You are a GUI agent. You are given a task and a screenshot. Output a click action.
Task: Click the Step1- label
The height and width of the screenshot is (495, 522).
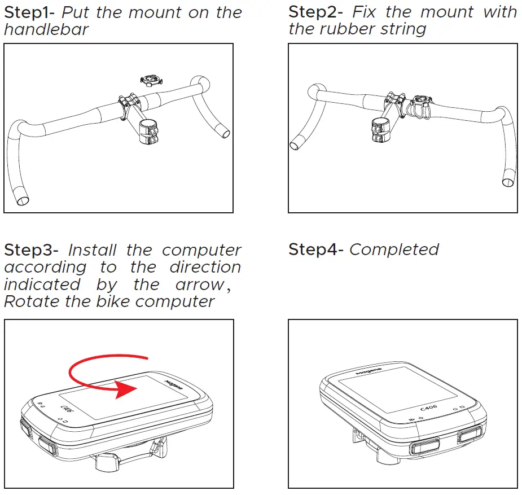click(30, 13)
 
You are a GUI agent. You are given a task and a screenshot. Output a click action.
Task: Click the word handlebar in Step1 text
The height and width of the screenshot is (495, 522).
click(46, 30)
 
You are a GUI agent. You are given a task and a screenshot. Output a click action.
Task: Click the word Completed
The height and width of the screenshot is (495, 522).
click(394, 250)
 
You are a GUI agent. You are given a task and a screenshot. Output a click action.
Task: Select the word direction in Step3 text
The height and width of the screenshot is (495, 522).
click(205, 267)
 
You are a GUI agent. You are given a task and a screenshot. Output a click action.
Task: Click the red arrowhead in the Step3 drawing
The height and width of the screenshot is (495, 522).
click(125, 390)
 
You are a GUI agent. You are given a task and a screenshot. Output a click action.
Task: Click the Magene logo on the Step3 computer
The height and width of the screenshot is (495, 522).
click(173, 387)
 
